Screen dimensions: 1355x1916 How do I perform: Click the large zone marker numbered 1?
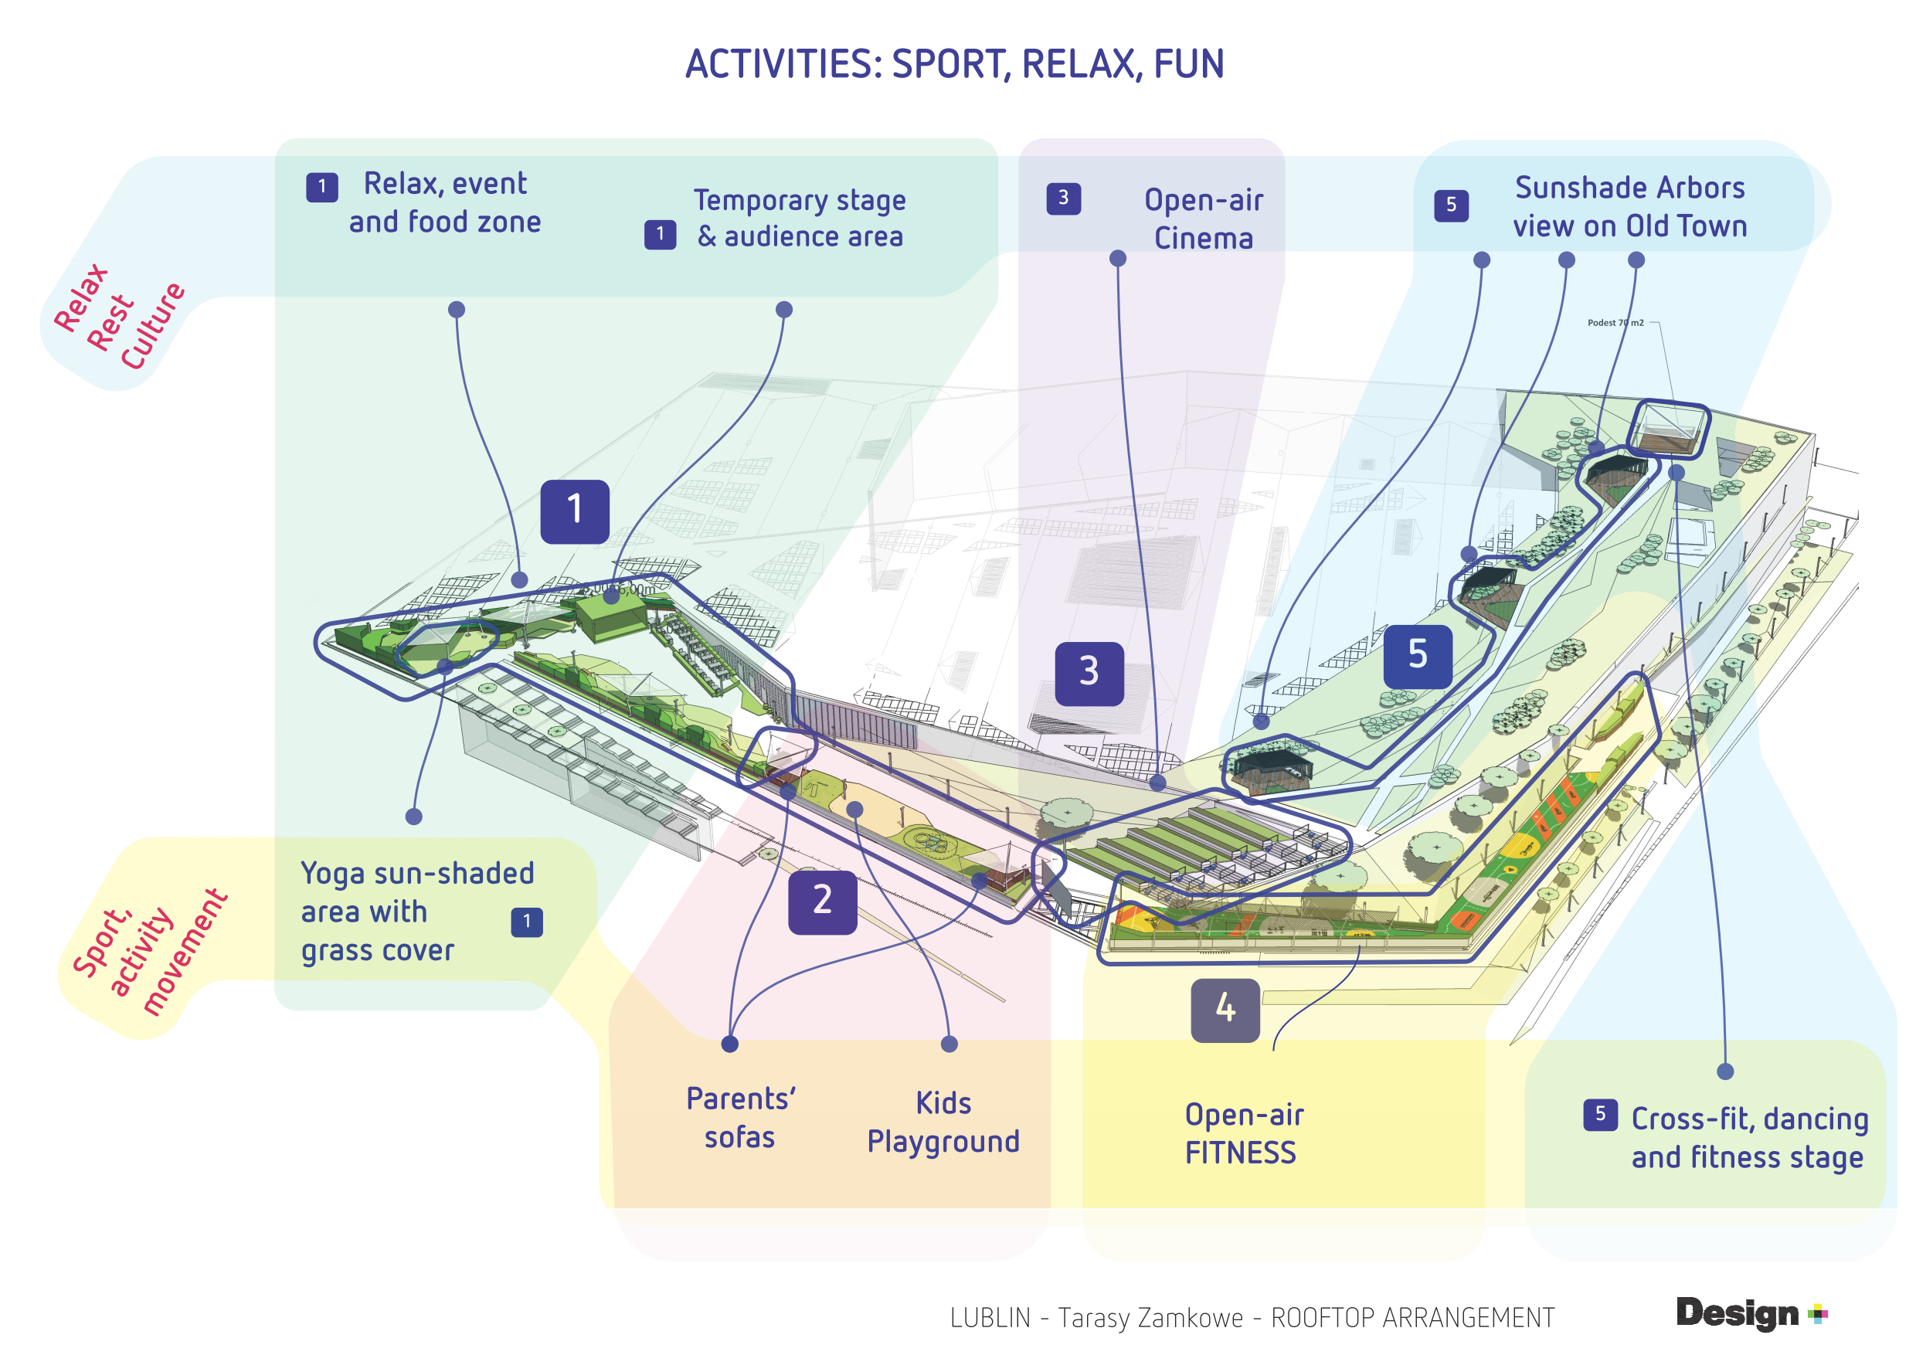(574, 511)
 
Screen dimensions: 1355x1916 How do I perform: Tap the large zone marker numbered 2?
(822, 902)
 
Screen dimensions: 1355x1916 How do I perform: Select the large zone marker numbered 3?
(1089, 674)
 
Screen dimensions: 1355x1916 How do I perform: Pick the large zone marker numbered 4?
(1225, 1010)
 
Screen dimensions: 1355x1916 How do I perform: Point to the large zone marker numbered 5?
(1417, 656)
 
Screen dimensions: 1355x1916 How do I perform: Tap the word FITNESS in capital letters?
(1240, 1153)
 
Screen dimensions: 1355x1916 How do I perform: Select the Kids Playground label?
(943, 1122)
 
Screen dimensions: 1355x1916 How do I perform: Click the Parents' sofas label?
(740, 1118)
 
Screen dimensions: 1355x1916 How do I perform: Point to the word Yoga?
(333, 874)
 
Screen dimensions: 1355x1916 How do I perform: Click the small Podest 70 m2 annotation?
(1615, 323)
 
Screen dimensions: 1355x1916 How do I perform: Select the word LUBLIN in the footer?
(990, 1318)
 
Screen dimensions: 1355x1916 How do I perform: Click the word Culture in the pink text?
(153, 325)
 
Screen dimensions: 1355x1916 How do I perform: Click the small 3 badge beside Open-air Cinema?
(1063, 199)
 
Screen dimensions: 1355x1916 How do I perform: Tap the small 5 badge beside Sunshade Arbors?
(1450, 205)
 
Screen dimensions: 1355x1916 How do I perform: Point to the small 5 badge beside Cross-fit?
(1600, 1115)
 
